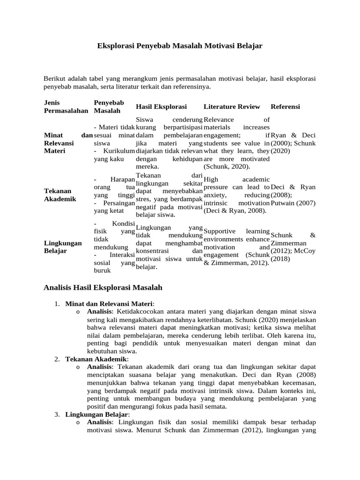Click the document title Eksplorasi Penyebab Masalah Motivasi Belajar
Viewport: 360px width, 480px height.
coord(180,46)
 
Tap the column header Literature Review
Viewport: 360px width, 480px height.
coord(232,107)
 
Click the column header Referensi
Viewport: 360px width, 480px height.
coord(285,107)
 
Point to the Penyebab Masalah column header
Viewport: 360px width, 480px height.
coord(109,107)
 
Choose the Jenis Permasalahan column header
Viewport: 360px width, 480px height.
coord(66,107)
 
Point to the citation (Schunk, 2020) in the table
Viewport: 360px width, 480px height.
coord(226,166)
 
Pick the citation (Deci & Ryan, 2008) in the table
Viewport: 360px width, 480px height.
coord(235,211)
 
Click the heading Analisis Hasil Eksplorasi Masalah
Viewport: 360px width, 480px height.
coord(103,287)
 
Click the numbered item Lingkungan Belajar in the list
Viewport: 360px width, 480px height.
coord(96,415)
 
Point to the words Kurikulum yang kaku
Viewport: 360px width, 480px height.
coord(114,155)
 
